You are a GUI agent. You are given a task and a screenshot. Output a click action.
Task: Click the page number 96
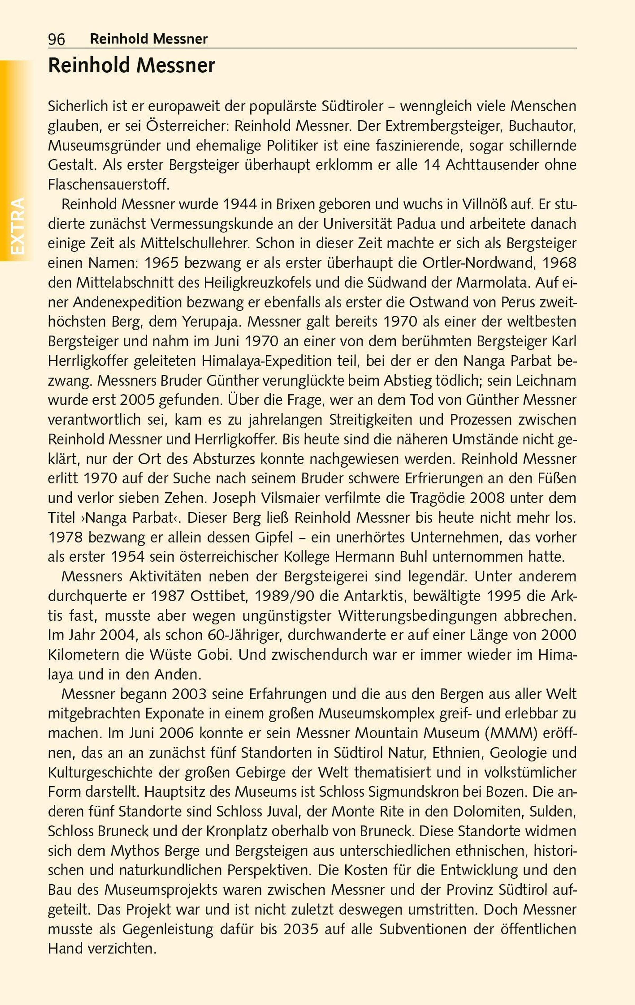click(x=56, y=39)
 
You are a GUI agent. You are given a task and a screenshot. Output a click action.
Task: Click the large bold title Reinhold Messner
click(x=131, y=66)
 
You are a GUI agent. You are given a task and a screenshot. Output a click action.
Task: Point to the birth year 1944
click(x=240, y=204)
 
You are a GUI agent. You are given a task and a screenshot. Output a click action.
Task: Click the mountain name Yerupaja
click(x=212, y=322)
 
